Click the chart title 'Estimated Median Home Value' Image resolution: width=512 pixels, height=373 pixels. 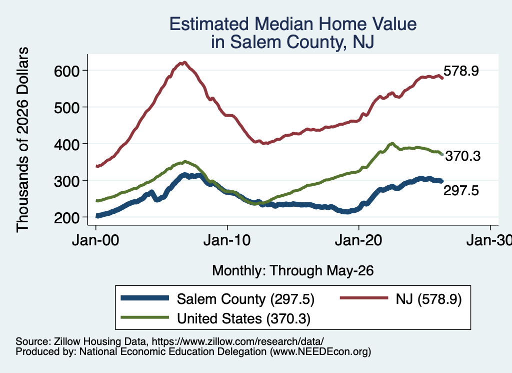pyautogui.click(x=293, y=24)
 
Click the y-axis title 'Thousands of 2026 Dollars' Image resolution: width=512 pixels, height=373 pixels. pyautogui.click(x=22, y=140)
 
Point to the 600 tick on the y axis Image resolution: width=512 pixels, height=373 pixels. pyautogui.click(x=67, y=71)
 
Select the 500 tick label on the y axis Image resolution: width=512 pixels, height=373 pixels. pyautogui.click(x=67, y=108)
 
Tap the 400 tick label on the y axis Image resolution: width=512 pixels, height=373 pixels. pyautogui.click(x=67, y=144)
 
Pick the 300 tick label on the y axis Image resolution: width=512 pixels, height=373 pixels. pyautogui.click(x=67, y=181)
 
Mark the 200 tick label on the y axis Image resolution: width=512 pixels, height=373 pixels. pyautogui.click(x=67, y=217)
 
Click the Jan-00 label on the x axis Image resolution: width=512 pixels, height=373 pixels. pyautogui.click(x=95, y=240)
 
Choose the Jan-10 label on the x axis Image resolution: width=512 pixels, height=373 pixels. pyautogui.click(x=227, y=240)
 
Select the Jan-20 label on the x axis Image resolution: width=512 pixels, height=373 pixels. pyautogui.click(x=358, y=240)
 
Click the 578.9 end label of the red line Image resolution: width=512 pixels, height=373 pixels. pyautogui.click(x=461, y=71)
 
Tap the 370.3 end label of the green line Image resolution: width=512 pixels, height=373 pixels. pyautogui.click(x=463, y=156)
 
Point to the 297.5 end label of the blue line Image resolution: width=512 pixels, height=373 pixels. pyautogui.click(x=461, y=190)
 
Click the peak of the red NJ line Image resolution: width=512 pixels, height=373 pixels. pyautogui.click(x=184, y=62)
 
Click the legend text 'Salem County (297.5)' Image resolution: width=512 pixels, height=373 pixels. pyautogui.click(x=245, y=299)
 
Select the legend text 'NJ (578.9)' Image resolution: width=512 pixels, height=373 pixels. pyautogui.click(x=428, y=299)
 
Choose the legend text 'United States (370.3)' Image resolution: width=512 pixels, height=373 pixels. pyautogui.click(x=243, y=319)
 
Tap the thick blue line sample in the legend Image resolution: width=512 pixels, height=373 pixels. pyautogui.click(x=145, y=298)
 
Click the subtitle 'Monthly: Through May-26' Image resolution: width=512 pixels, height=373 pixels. pyautogui.click(x=293, y=271)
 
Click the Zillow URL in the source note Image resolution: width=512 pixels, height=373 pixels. pyautogui.click(x=237, y=341)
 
